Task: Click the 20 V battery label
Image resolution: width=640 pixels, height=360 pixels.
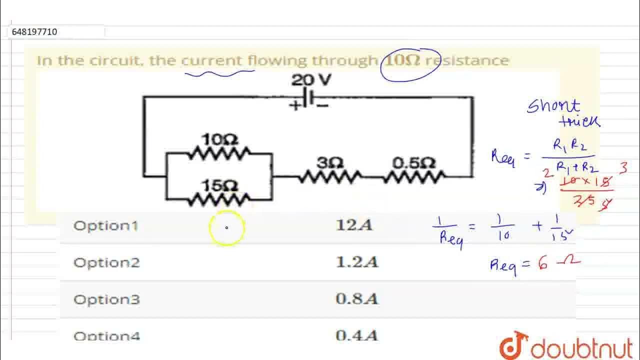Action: (311, 80)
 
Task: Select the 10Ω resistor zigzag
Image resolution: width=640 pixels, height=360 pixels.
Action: (218, 153)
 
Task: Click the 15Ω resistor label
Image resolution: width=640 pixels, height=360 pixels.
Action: (219, 185)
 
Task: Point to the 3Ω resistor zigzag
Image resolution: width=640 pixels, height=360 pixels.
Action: (330, 176)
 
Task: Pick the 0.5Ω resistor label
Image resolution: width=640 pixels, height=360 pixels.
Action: (414, 163)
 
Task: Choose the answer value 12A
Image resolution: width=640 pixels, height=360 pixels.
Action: (354, 225)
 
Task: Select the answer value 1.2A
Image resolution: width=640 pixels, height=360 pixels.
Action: (357, 262)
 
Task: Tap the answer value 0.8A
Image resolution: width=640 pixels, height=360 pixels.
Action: (357, 299)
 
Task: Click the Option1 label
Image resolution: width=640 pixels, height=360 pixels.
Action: (105, 225)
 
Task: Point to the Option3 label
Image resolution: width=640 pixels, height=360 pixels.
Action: (106, 299)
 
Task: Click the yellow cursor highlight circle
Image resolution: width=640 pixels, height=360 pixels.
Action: (226, 228)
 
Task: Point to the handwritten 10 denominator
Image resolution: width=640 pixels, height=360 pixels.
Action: (503, 236)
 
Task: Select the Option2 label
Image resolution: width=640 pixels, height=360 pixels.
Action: (106, 262)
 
